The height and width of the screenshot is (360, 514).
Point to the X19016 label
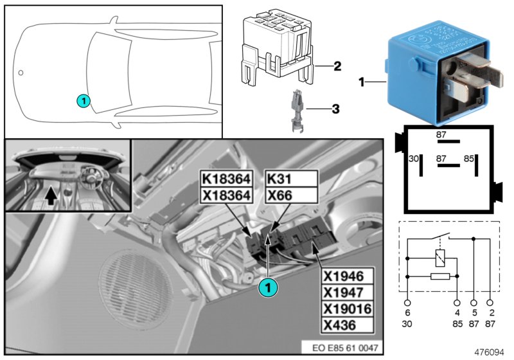pyautogui.click(x=346, y=309)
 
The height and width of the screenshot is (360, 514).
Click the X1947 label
pyautogui.click(x=346, y=293)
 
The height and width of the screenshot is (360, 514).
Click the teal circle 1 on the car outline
pyautogui.click(x=82, y=100)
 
